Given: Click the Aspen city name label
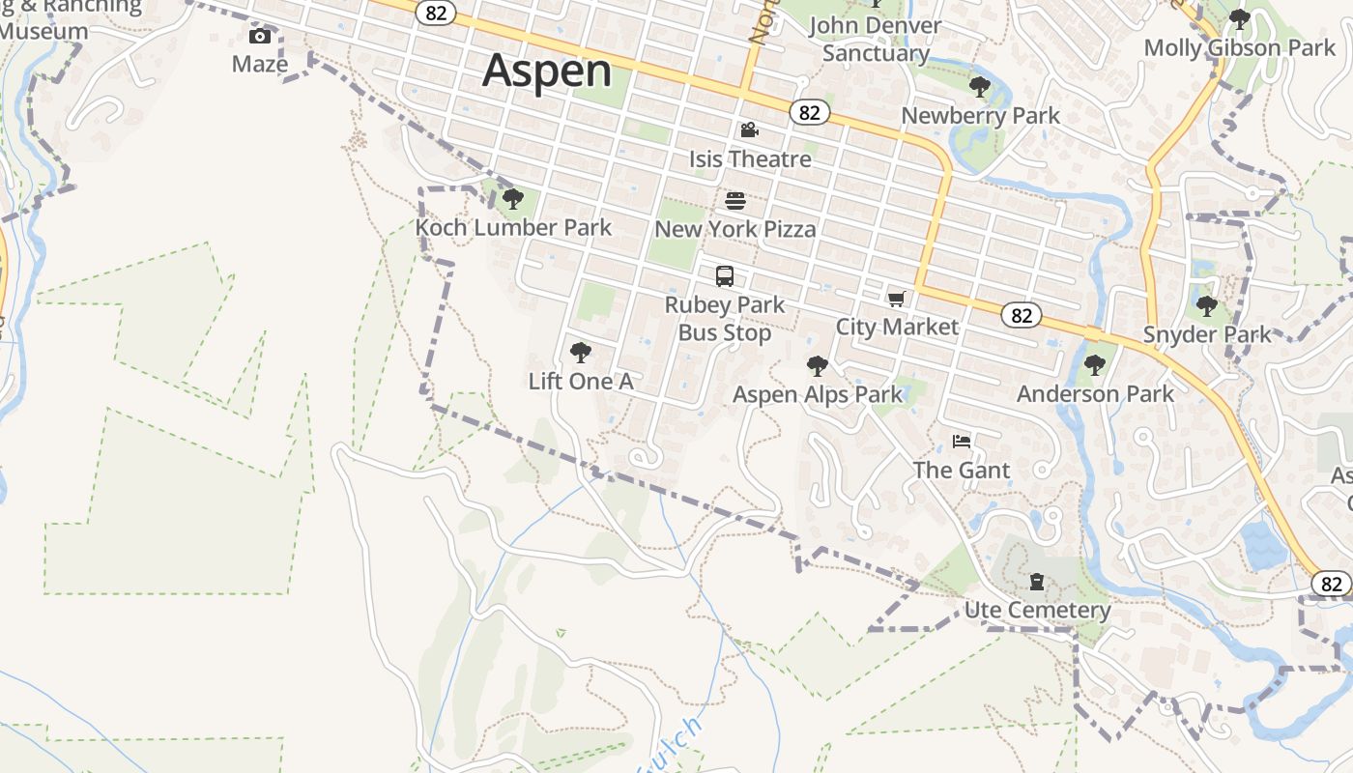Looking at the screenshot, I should coord(547,71).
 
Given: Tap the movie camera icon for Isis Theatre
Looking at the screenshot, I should coord(749,130).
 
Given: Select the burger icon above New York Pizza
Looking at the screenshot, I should coord(735,201).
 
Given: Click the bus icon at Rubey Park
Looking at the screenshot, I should coord(725,276).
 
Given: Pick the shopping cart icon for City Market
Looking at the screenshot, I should coord(897,299).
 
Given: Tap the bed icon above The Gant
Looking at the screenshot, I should coord(962,442).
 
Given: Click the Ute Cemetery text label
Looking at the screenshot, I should coord(1037,611).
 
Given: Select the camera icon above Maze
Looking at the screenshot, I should coord(260,37).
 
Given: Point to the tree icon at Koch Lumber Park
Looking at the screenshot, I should coord(513,199).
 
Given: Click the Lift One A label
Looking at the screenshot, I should coord(581,382).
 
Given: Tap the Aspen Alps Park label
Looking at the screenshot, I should coord(818,394).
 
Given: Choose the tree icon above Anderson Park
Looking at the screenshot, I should coord(1095,365).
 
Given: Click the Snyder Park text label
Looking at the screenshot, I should coord(1207,334).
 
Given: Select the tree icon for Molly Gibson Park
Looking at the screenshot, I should coord(1239,19).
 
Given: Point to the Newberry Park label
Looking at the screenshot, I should coord(980,116).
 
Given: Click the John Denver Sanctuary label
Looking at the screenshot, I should coord(876,39).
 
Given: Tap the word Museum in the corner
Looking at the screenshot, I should coord(44,31).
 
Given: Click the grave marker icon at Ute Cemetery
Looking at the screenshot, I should coord(1037,582).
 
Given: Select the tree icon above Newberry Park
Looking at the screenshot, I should coord(980,87).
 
